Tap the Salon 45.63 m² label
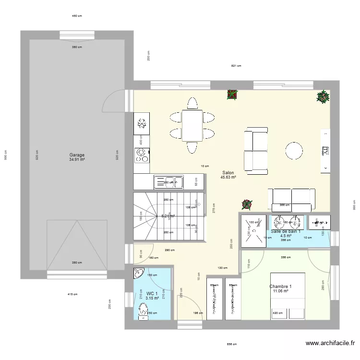point(228,175)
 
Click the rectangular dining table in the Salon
point(192,126)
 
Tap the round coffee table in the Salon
point(294,150)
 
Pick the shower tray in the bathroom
point(253,230)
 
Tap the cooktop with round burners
point(142,155)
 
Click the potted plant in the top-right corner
point(323,97)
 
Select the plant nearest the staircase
point(247,205)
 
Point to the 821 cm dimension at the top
point(236,66)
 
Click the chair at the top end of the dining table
point(192,103)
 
